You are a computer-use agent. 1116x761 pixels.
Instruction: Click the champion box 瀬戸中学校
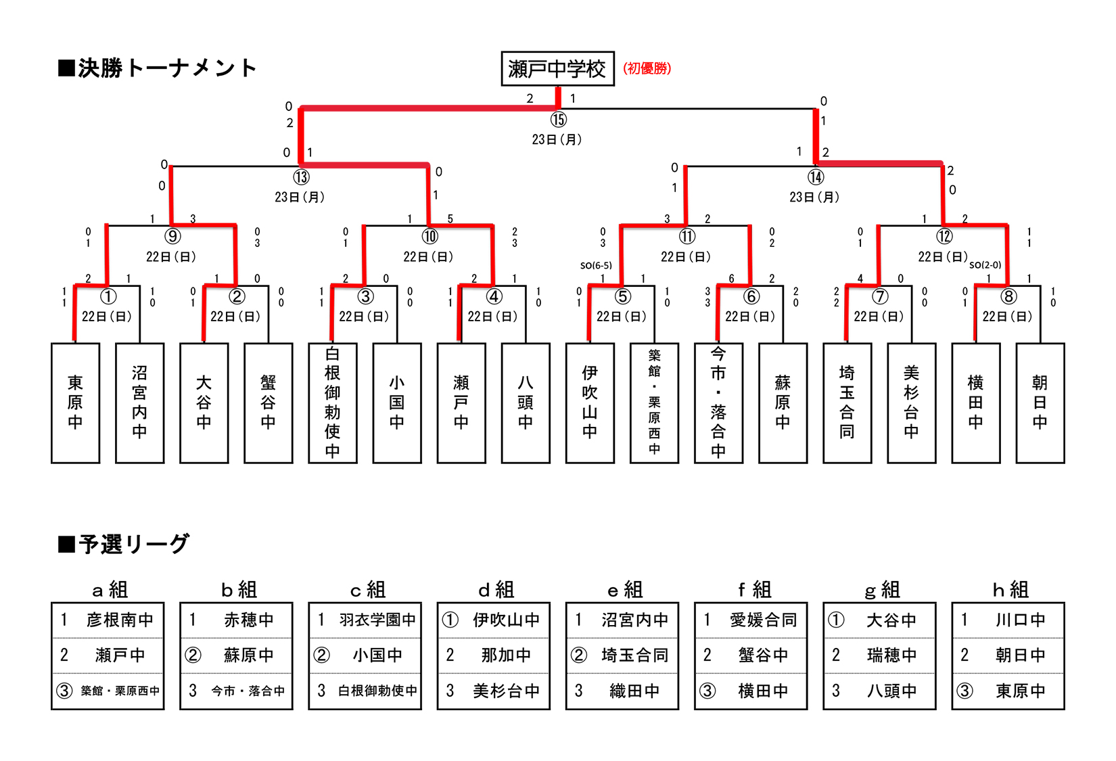557,69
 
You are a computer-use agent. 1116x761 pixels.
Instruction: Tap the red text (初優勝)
647,68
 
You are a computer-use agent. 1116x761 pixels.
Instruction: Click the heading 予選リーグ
124,544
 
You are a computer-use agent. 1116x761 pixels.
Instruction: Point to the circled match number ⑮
558,120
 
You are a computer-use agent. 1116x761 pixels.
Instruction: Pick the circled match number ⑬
301,177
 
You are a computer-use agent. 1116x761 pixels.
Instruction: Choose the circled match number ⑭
816,177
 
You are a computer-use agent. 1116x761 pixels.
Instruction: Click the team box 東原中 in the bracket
75,402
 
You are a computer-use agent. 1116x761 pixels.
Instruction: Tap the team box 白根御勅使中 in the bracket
332,402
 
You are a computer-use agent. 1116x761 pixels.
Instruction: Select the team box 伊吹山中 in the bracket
590,402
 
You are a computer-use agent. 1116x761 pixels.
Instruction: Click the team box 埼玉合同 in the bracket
847,402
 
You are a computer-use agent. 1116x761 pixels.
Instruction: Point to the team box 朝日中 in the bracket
1040,402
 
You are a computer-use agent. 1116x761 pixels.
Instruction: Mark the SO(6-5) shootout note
596,266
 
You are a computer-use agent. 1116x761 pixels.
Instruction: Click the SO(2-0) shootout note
985,265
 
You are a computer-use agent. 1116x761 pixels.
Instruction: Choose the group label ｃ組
367,590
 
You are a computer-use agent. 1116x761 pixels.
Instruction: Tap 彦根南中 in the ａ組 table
120,620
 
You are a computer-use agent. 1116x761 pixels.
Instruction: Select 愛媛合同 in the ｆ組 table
763,620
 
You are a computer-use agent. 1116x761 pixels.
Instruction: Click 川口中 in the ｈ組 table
1020,620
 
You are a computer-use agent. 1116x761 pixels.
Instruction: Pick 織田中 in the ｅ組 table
634,691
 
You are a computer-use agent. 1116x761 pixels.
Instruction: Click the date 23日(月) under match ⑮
557,140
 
